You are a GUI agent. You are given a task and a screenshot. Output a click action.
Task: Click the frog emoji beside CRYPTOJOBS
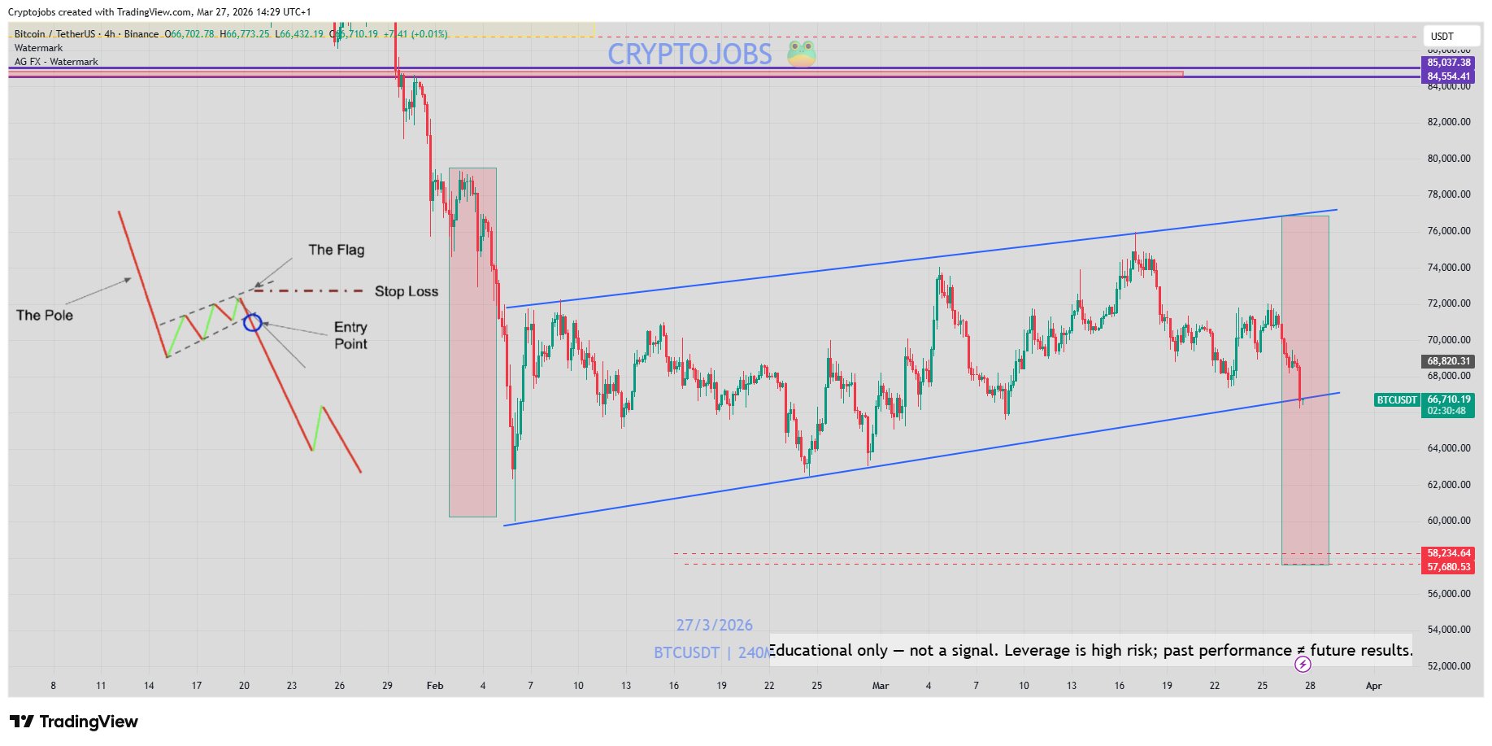(x=802, y=54)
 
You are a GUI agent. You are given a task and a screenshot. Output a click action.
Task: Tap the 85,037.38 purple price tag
(x=1448, y=63)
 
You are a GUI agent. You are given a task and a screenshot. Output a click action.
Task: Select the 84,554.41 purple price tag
(x=1448, y=76)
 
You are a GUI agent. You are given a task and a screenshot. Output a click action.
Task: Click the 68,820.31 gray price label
(x=1448, y=361)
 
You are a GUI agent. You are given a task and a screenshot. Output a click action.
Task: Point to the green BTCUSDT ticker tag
(x=1397, y=400)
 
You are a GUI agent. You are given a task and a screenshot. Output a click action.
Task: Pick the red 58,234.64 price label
(x=1448, y=553)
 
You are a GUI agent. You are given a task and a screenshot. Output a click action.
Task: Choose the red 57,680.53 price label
(x=1448, y=567)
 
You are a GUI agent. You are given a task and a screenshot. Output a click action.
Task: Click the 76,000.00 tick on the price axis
(x=1448, y=231)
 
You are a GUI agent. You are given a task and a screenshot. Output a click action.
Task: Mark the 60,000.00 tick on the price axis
(x=1448, y=521)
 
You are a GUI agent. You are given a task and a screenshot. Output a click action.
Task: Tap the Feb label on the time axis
(x=435, y=686)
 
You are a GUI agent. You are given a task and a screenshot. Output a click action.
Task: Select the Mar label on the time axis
(x=881, y=686)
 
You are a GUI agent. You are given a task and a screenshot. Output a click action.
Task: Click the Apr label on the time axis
(x=1373, y=686)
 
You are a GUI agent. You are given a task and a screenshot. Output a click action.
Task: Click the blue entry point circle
(x=253, y=322)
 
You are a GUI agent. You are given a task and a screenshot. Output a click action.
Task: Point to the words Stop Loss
(x=406, y=291)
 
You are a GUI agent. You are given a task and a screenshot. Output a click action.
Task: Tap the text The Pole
(x=45, y=315)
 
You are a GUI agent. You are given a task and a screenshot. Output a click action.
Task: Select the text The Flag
(x=336, y=250)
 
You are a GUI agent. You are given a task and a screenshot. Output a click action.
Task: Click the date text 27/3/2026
(x=714, y=625)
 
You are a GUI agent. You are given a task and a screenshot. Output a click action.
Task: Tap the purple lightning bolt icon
(x=1303, y=665)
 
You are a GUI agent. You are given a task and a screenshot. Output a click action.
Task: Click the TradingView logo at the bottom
(x=74, y=722)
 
